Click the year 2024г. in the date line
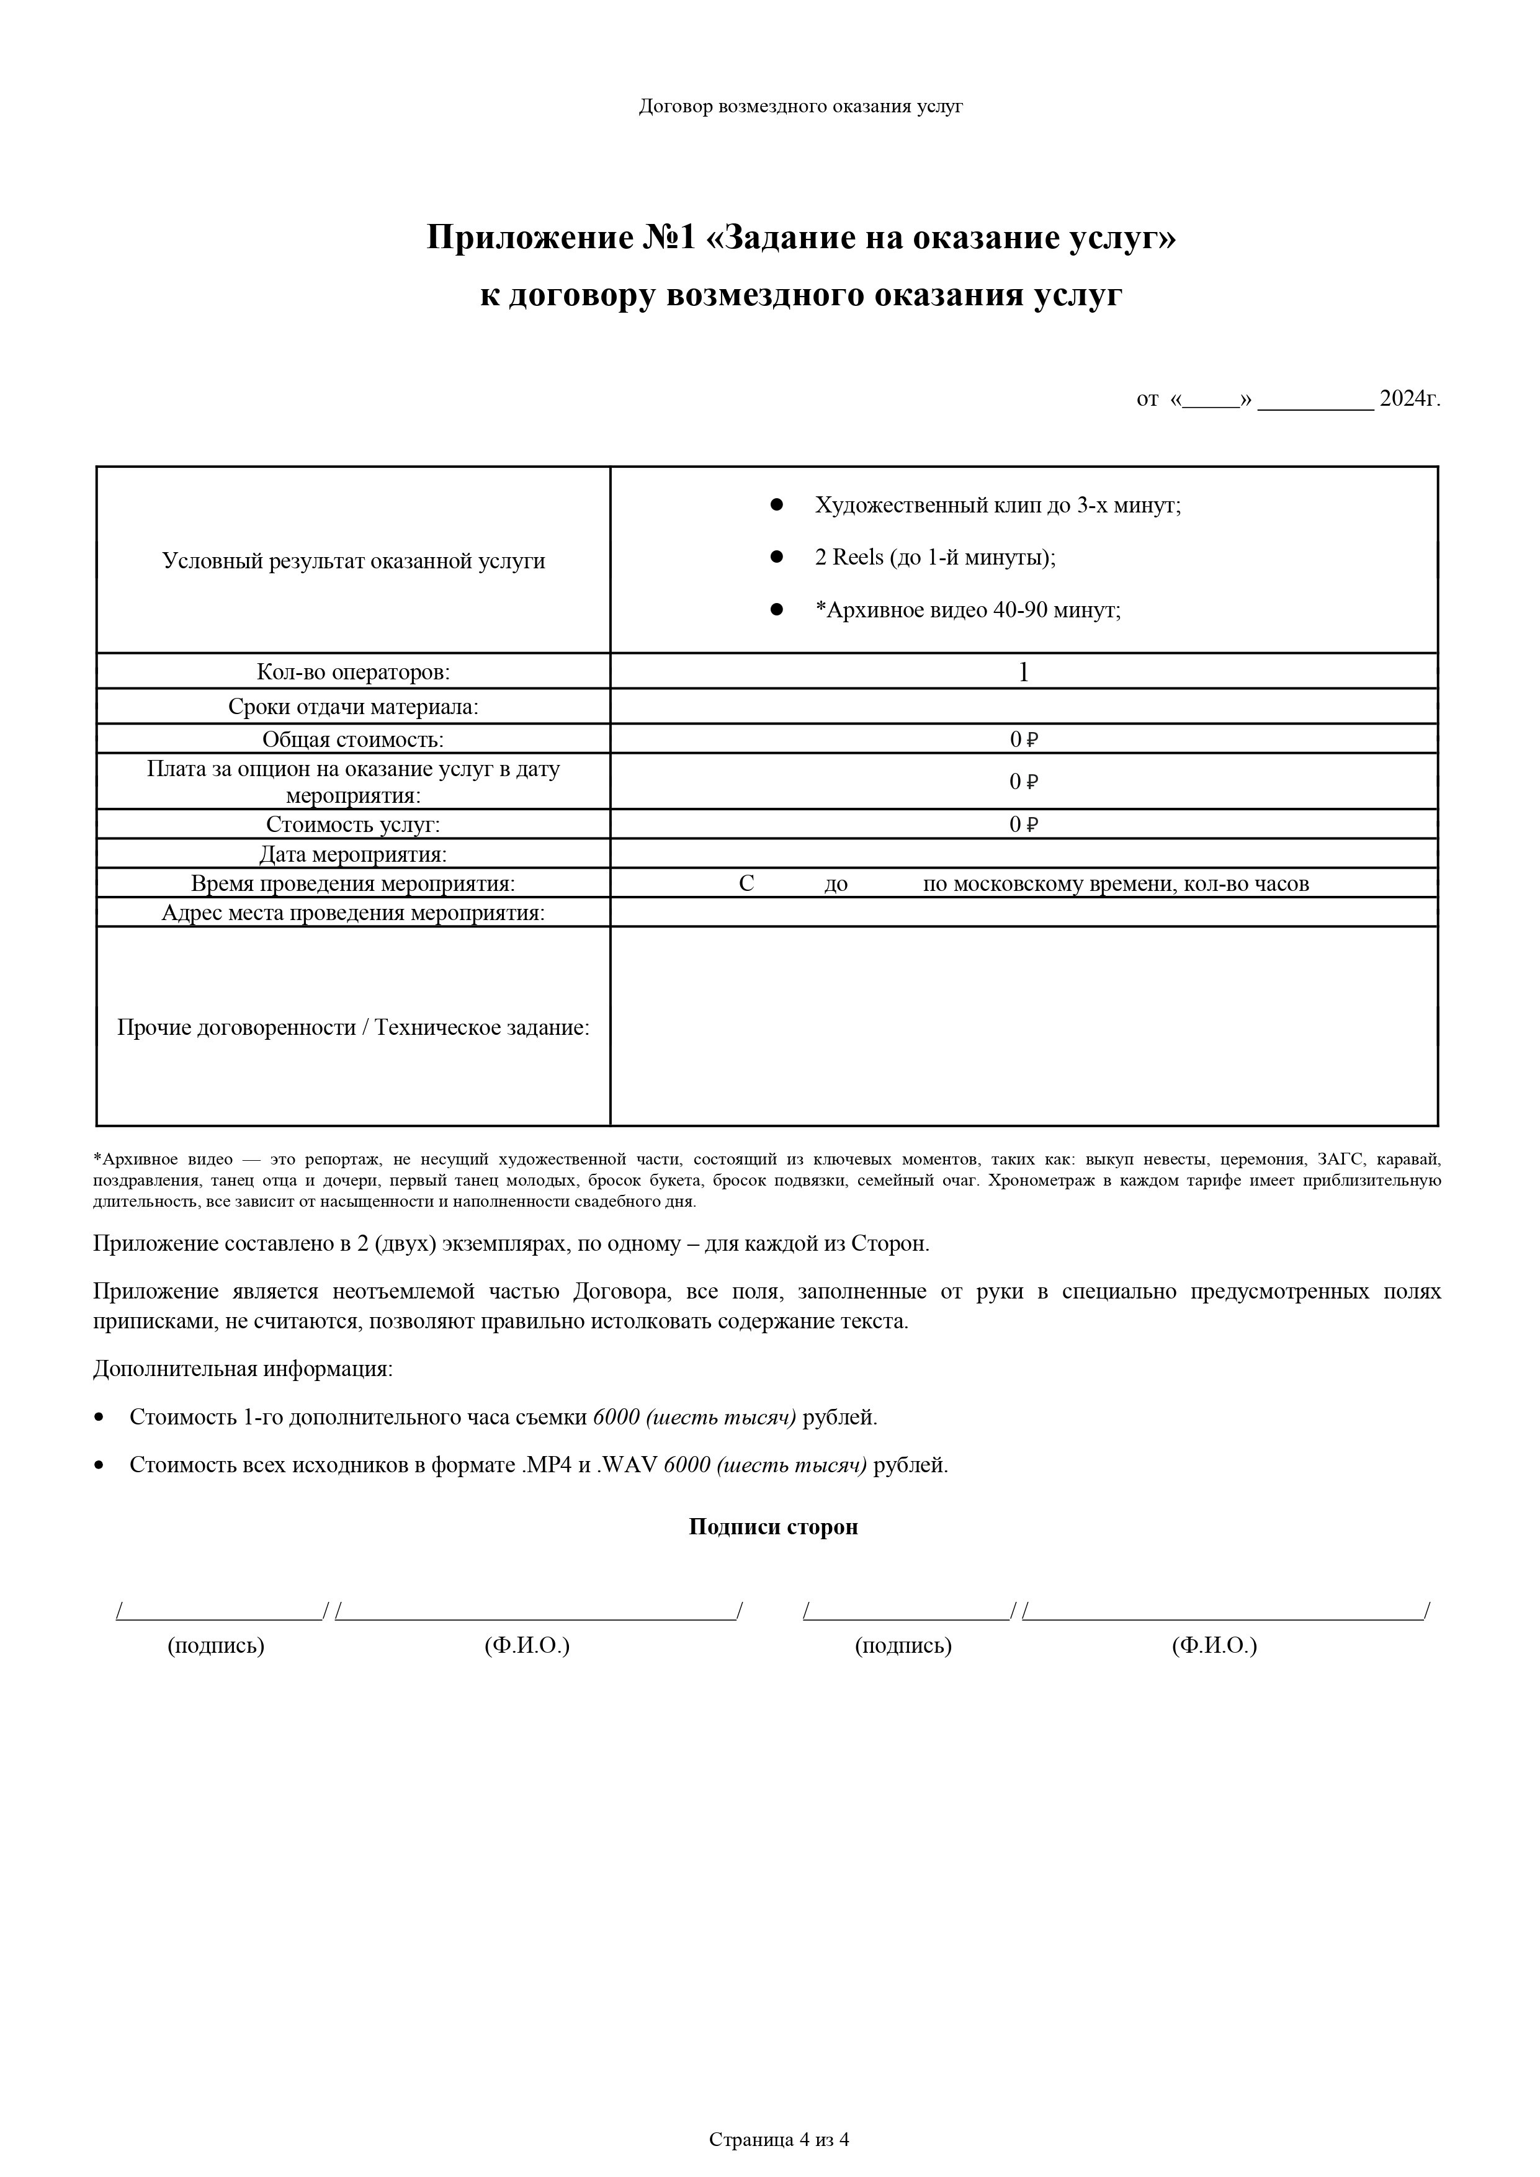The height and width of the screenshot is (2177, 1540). [x=1409, y=399]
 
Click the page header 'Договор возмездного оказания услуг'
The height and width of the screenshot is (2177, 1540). [x=800, y=106]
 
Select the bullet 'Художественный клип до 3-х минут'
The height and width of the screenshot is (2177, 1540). [x=998, y=506]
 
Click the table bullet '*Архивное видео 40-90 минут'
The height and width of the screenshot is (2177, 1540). [x=967, y=610]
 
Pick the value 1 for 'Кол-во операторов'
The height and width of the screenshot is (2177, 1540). [x=1023, y=673]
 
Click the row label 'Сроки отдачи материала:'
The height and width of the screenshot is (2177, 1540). [x=353, y=707]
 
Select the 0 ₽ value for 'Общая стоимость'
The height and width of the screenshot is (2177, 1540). [x=1023, y=740]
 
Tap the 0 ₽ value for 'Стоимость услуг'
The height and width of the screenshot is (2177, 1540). [x=1023, y=825]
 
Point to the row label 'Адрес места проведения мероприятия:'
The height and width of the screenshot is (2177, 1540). [x=353, y=913]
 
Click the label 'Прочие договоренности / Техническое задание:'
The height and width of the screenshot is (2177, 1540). [x=353, y=1028]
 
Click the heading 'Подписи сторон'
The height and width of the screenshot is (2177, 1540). [x=773, y=1527]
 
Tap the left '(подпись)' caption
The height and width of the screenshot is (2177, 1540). [x=215, y=1645]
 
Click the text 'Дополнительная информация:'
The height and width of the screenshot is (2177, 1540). [x=242, y=1369]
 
